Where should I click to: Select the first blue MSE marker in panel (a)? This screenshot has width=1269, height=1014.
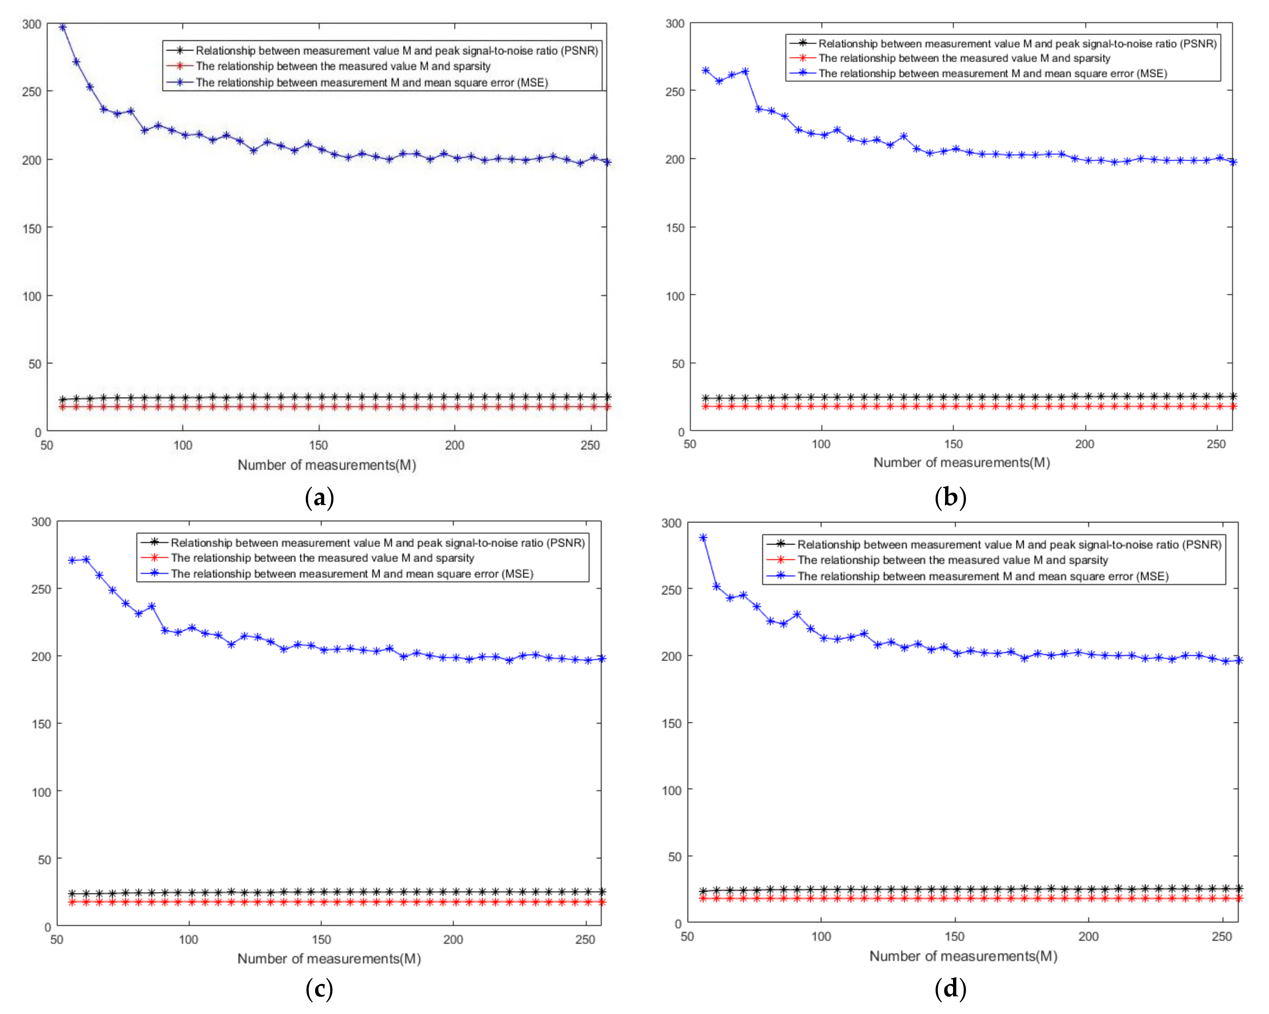tap(63, 27)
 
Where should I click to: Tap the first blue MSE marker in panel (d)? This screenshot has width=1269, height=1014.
tap(703, 537)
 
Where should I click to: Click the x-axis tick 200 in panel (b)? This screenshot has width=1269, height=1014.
tap(1084, 444)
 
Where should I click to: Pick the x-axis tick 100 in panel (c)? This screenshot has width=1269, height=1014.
tap(188, 939)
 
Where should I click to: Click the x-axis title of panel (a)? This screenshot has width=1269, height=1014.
tap(327, 465)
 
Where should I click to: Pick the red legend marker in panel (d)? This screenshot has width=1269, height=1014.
tap(781, 560)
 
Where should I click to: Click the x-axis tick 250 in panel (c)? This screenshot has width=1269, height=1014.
tap(585, 939)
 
